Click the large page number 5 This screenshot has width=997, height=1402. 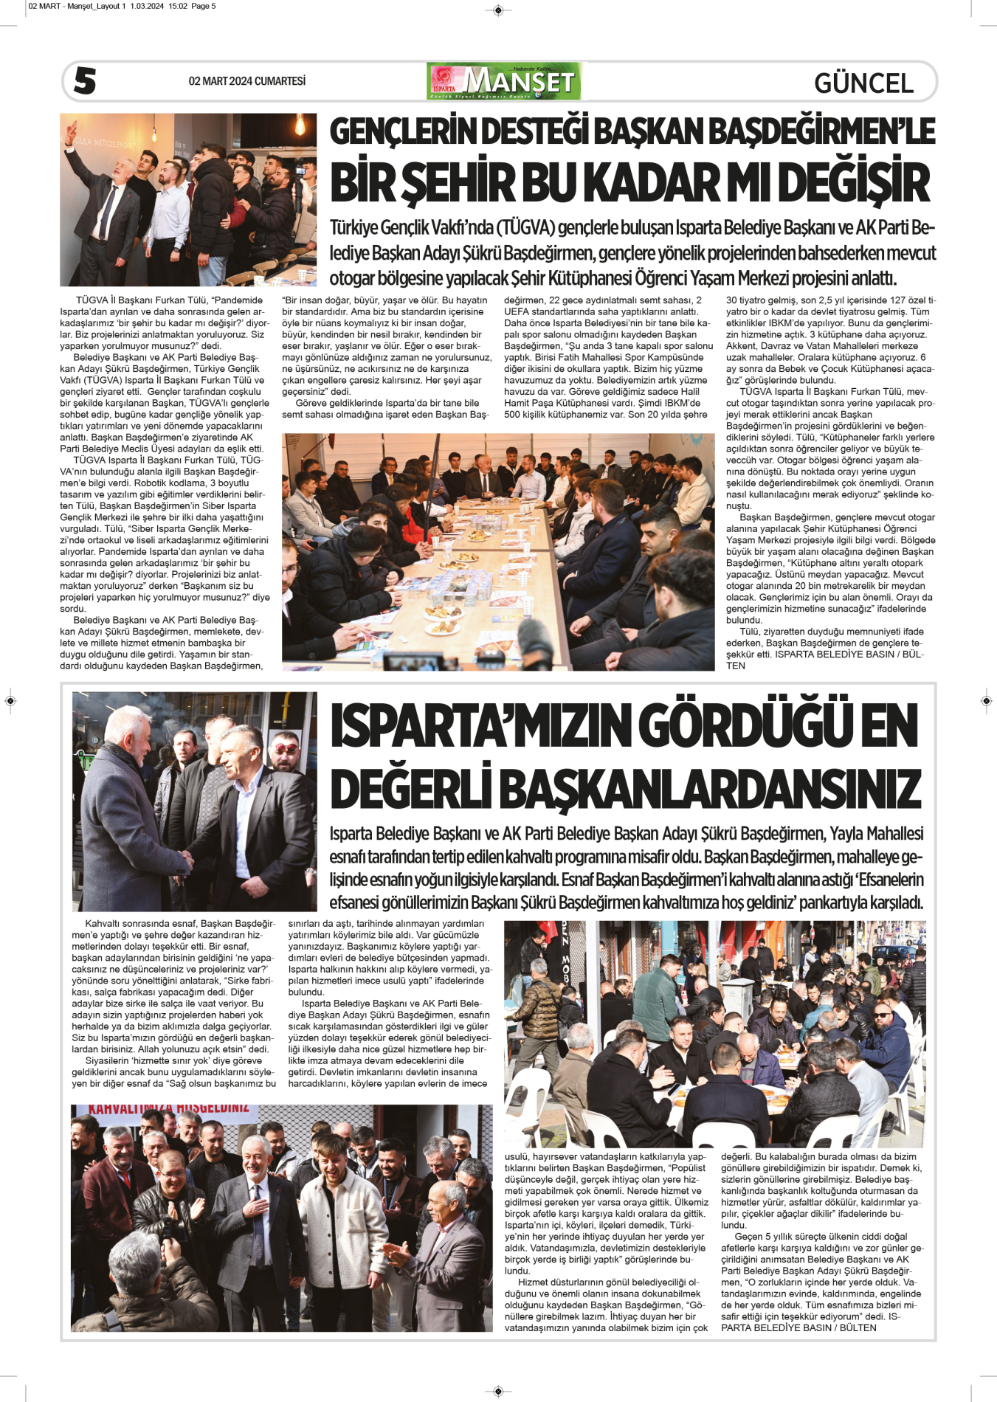click(85, 80)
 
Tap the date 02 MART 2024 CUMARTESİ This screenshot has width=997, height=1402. click(246, 81)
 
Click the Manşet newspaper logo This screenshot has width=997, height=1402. click(504, 81)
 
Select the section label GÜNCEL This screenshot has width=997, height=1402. click(863, 83)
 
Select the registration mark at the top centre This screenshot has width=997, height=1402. click(498, 10)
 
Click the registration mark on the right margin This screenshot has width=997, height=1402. click(987, 700)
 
